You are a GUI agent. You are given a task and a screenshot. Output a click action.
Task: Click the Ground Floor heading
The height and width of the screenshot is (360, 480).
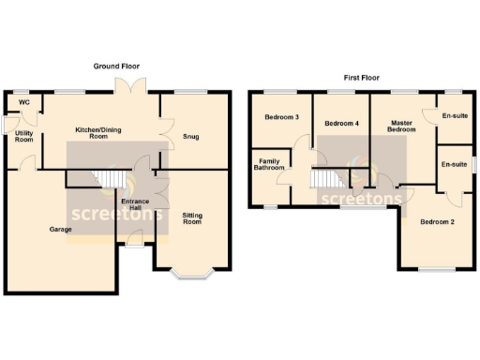pyautogui.click(x=116, y=67)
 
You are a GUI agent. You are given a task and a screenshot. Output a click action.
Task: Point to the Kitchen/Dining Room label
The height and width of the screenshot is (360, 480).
pyautogui.click(x=98, y=133)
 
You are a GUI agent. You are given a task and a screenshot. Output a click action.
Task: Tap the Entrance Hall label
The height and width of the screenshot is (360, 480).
pyautogui.click(x=134, y=204)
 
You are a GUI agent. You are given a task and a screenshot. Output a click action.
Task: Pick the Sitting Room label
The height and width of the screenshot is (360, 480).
pyautogui.click(x=192, y=218)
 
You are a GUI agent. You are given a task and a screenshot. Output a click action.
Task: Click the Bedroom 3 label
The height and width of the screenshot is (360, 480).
pyautogui.click(x=281, y=118)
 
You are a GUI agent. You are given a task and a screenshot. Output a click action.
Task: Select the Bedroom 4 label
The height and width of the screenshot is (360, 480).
pyautogui.click(x=341, y=124)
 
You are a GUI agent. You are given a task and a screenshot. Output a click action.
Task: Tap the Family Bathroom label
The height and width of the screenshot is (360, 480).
pyautogui.click(x=270, y=168)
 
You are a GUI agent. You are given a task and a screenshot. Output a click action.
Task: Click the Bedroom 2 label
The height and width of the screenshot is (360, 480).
pyautogui.click(x=436, y=222)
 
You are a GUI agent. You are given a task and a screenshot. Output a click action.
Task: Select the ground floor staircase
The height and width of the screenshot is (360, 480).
pyautogui.click(x=112, y=177)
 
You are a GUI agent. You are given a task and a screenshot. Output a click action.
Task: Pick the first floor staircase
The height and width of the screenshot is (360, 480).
pyautogui.click(x=324, y=178)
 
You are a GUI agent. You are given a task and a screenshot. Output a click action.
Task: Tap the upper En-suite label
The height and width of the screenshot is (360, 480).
pyautogui.click(x=455, y=116)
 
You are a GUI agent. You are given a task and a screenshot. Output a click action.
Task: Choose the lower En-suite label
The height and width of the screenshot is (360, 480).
pyautogui.click(x=455, y=165)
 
